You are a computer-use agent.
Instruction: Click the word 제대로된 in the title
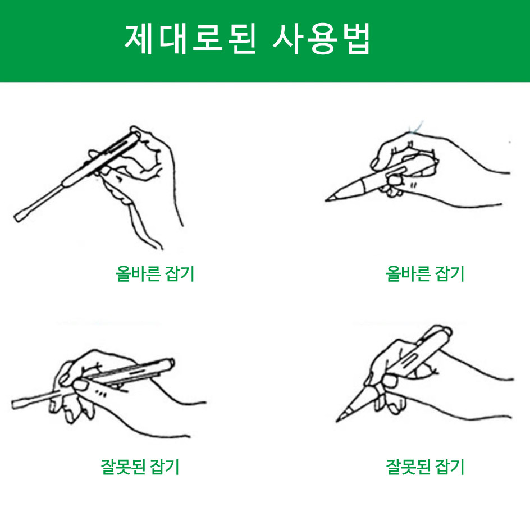coord(190,39)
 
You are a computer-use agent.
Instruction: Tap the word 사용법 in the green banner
coord(322,39)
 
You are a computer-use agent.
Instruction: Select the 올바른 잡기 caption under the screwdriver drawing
coord(155,273)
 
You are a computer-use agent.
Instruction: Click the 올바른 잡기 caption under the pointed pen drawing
coord(425,273)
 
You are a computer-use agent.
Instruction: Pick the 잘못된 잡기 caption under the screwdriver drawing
coord(140,467)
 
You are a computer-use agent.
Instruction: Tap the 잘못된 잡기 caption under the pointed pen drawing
coord(425,467)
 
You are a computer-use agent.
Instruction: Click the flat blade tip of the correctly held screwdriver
coord(19,217)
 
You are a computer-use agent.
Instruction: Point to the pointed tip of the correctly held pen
coord(327,200)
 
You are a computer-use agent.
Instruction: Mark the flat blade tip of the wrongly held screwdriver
coord(16,404)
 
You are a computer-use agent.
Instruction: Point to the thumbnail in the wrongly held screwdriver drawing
coord(80,385)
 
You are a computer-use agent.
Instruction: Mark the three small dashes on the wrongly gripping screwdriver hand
coord(100,393)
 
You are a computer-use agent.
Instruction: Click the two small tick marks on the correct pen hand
coord(413,185)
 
